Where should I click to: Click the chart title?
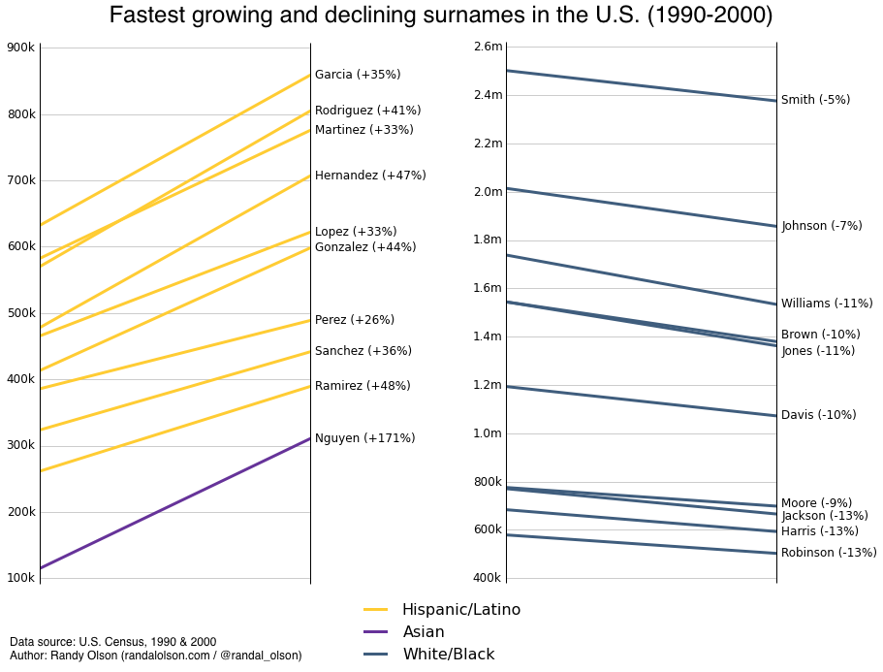click(441, 16)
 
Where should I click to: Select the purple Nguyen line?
click(174, 503)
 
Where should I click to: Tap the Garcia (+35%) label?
click(358, 75)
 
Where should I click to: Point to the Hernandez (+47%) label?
click(370, 176)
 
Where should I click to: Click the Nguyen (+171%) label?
click(364, 438)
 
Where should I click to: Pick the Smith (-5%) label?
click(815, 100)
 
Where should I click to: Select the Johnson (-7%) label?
click(821, 226)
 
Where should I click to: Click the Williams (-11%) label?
click(827, 304)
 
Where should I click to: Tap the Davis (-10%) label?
click(818, 415)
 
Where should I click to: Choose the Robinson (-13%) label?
click(829, 553)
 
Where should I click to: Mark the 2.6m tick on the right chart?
click(488, 47)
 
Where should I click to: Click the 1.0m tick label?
click(488, 433)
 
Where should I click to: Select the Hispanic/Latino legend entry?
click(460, 610)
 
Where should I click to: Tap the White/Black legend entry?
click(448, 655)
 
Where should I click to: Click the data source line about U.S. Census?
click(113, 642)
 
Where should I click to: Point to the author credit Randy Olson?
click(155, 656)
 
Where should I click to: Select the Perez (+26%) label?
click(355, 320)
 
